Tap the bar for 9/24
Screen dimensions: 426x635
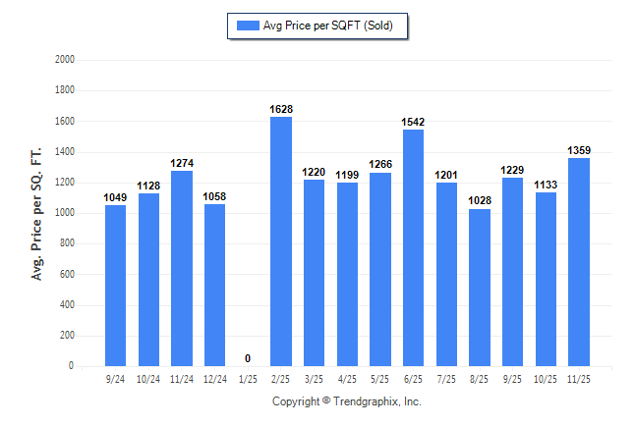(115, 286)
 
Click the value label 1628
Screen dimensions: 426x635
(280, 109)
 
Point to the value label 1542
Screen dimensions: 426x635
(413, 122)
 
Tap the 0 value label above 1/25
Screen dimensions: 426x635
(248, 358)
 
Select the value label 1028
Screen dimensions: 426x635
(479, 200)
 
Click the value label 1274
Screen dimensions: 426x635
(181, 163)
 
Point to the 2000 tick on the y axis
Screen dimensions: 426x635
(64, 60)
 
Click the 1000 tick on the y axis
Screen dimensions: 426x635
(64, 213)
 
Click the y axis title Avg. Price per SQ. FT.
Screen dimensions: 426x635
(37, 212)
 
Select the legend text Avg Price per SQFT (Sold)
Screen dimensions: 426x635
(327, 26)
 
